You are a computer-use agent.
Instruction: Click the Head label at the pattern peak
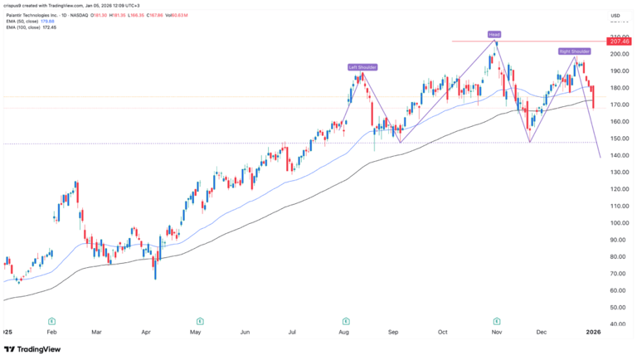tap(494, 35)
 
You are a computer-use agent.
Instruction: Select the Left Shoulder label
tap(362, 66)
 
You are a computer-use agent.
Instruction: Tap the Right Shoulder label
tap(573, 51)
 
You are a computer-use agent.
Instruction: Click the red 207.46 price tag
tap(619, 41)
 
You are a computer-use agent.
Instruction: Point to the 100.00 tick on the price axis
tap(616, 223)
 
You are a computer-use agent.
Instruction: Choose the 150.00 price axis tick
tap(616, 139)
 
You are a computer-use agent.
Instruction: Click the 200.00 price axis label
tap(616, 54)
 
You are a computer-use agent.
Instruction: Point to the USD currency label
tap(615, 16)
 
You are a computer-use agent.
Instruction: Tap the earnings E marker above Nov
tap(497, 319)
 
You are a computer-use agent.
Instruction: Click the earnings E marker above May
tap(200, 319)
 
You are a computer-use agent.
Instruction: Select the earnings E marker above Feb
tap(51, 319)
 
